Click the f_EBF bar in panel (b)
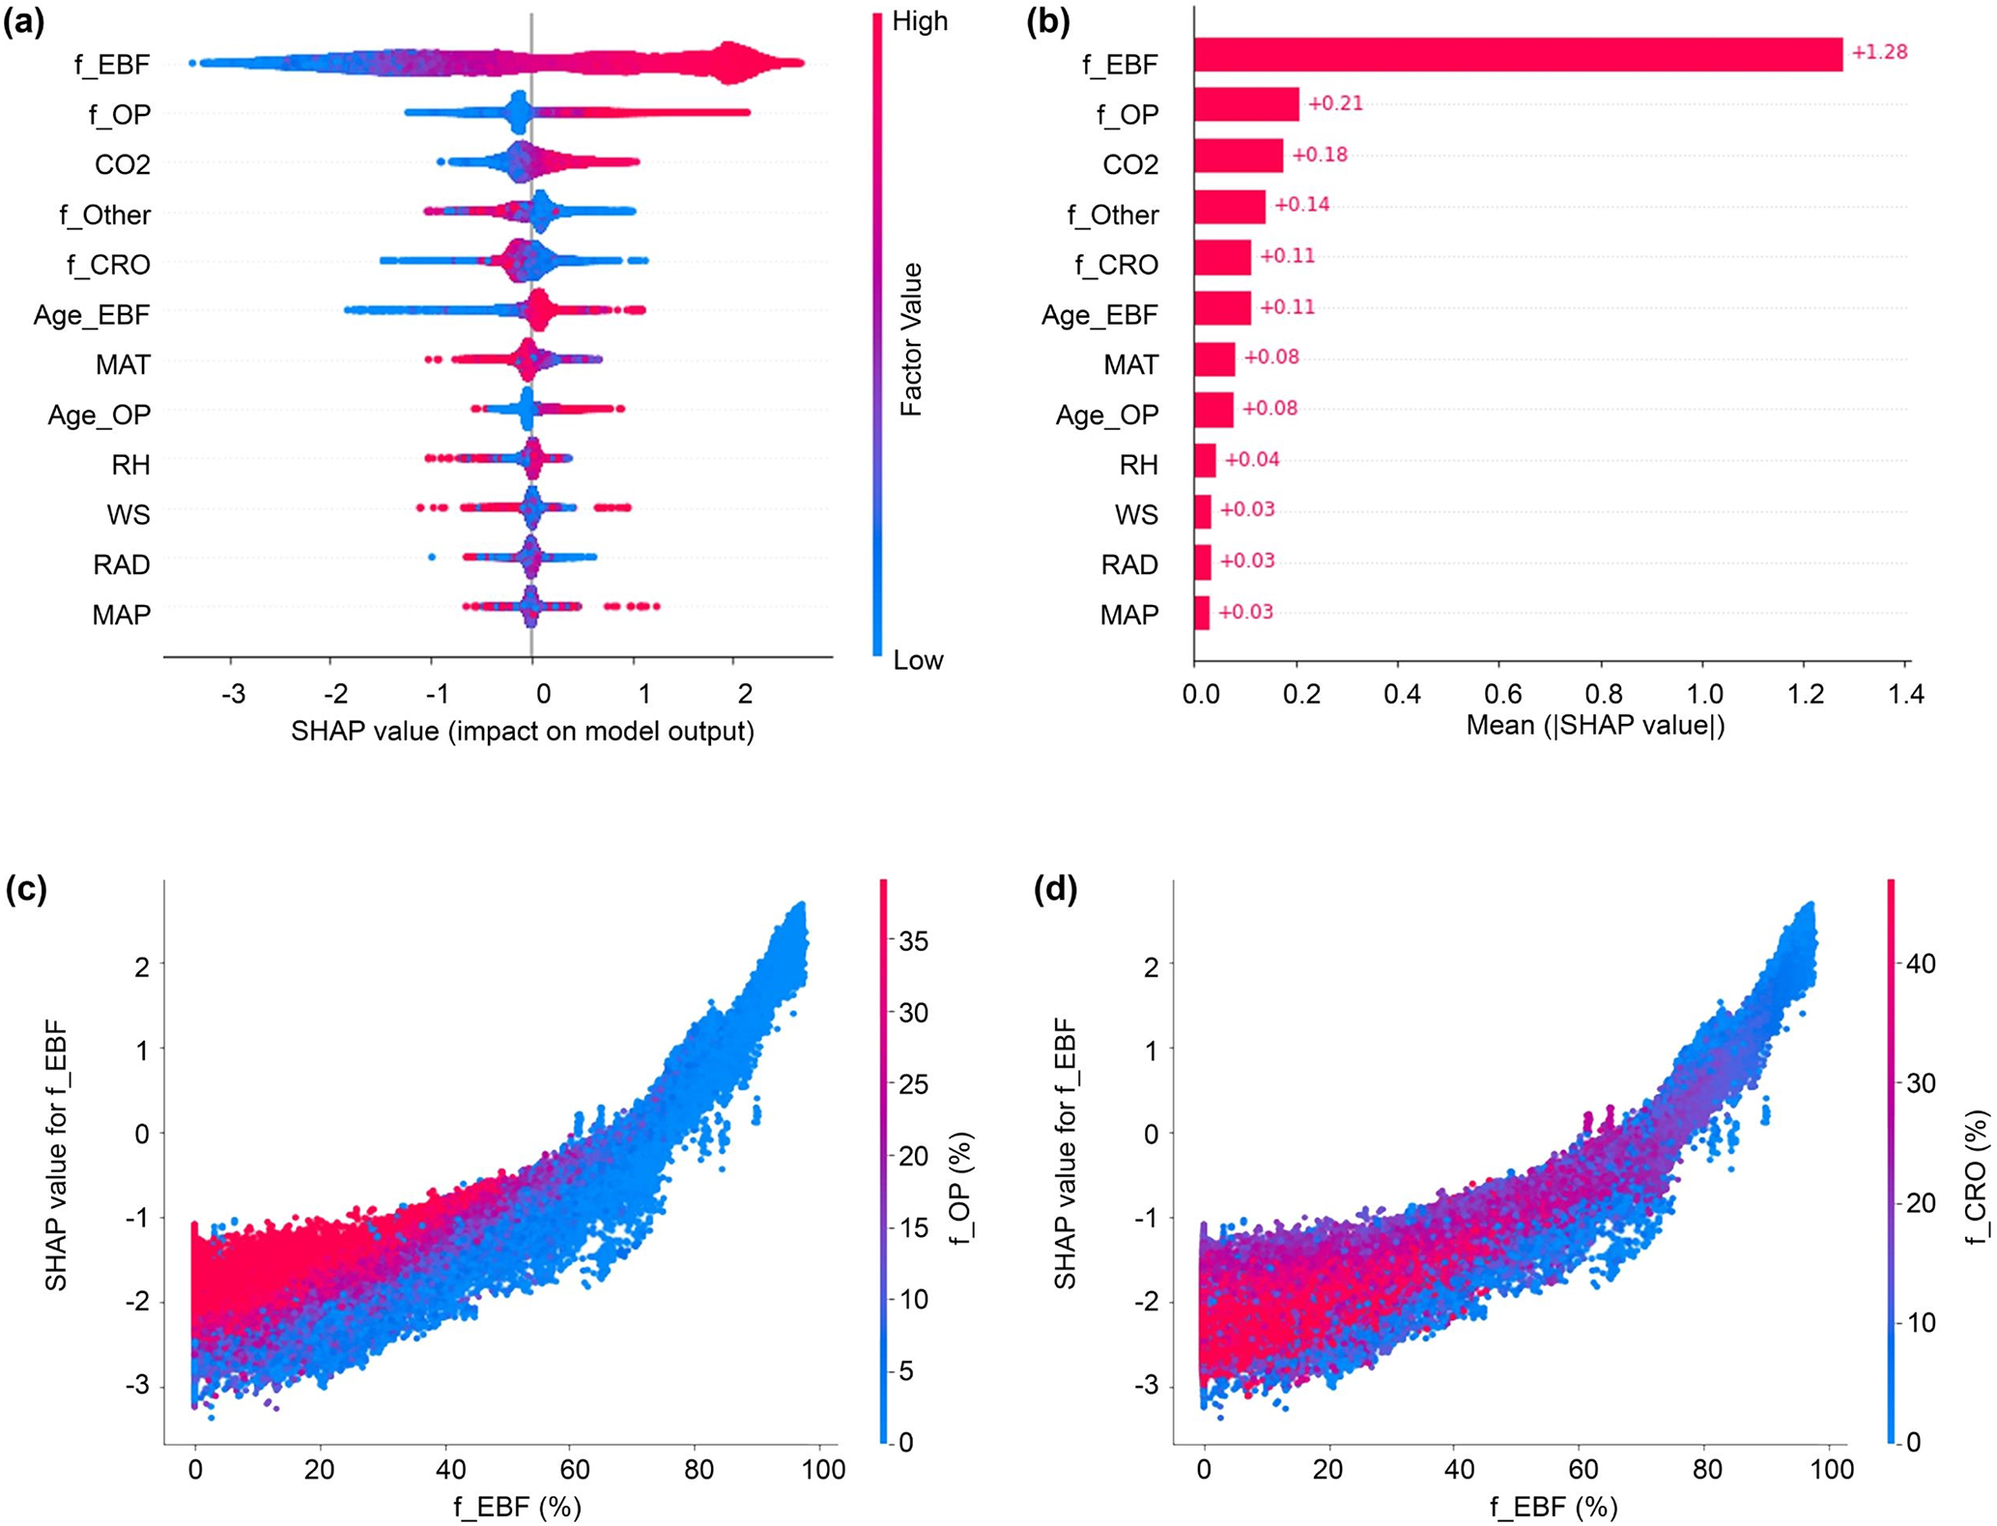click(1517, 54)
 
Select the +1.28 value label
click(1879, 52)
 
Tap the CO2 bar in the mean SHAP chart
click(1239, 156)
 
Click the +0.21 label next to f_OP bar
click(1335, 103)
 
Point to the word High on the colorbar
click(920, 21)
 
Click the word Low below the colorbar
click(918, 660)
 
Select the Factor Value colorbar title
click(911, 339)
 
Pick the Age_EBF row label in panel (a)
click(92, 315)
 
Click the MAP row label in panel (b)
click(1129, 615)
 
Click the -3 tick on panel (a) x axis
click(233, 693)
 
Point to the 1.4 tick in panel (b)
click(1905, 693)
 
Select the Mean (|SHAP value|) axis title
click(1595, 725)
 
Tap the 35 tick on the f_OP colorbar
click(913, 941)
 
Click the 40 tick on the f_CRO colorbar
click(1921, 964)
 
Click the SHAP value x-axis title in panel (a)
click(523, 731)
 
